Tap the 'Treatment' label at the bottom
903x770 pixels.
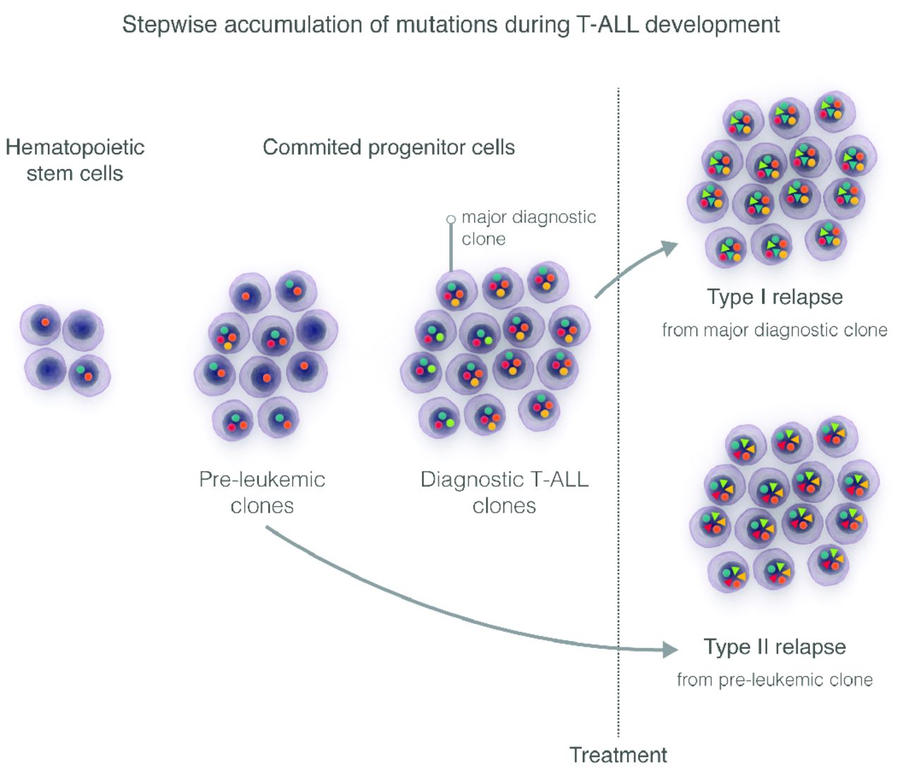point(618,754)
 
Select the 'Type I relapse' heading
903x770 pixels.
point(775,297)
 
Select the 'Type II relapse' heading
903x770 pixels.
point(775,647)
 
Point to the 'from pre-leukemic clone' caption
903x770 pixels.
point(775,680)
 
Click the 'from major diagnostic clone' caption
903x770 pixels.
point(775,330)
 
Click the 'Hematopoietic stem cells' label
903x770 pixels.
point(75,160)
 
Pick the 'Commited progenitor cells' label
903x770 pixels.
point(389,147)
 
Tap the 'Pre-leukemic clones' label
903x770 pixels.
point(262,492)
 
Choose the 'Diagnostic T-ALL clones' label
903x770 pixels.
point(504,492)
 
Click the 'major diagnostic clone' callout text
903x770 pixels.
point(528,227)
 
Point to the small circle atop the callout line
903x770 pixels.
point(451,219)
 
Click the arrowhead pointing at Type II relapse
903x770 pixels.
point(670,649)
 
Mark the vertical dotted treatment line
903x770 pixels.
point(619,423)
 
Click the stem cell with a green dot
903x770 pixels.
point(89,374)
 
